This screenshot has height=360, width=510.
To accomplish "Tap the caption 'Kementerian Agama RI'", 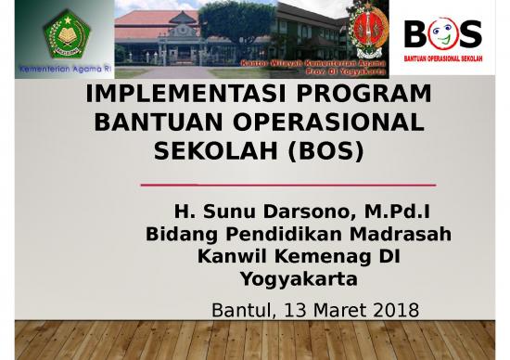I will (57, 70).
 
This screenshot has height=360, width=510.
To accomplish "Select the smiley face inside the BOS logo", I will (442, 34).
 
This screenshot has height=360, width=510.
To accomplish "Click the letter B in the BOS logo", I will (418, 34).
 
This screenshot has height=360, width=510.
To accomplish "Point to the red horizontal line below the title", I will (287, 185).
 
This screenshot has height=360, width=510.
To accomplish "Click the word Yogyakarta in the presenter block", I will (299, 279).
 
